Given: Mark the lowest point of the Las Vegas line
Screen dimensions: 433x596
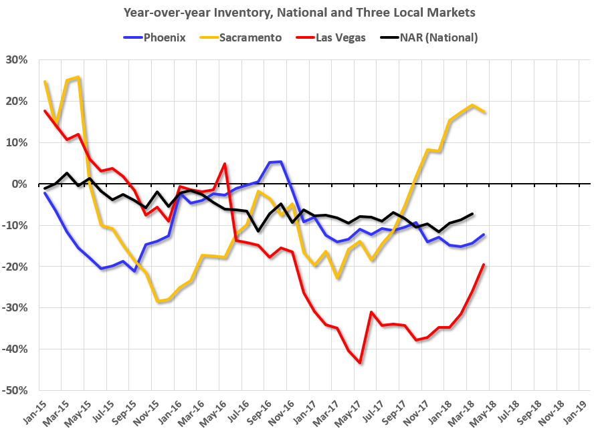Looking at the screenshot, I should [360, 363].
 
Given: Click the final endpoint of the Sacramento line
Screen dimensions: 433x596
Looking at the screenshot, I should [484, 112].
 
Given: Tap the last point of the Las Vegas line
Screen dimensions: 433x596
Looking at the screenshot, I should [484, 265].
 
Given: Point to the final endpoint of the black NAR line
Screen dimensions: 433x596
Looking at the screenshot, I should [472, 214].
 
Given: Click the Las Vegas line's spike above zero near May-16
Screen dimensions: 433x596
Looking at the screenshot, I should [225, 164].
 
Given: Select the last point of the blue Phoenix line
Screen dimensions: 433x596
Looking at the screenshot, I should [484, 235].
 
